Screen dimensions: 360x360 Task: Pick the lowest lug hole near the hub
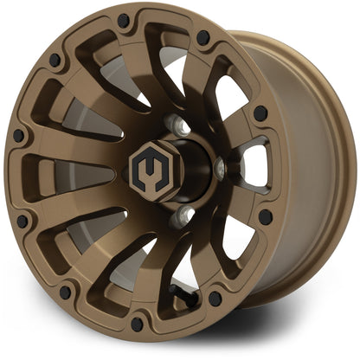pyautogui.click(x=180, y=216)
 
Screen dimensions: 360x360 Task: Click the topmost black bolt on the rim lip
pyautogui.click(x=124, y=20)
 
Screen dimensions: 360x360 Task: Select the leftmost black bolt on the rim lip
pyautogui.click(x=17, y=136)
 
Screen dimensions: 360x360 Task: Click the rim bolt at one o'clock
pyautogui.click(x=203, y=38)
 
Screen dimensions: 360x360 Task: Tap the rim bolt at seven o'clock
pyautogui.click(x=64, y=292)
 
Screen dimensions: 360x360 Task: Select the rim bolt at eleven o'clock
pyautogui.click(x=55, y=60)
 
